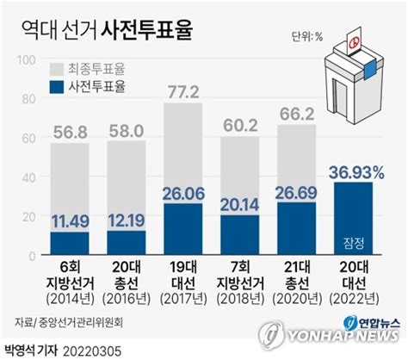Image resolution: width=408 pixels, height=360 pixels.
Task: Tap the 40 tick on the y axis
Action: [29, 177]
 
